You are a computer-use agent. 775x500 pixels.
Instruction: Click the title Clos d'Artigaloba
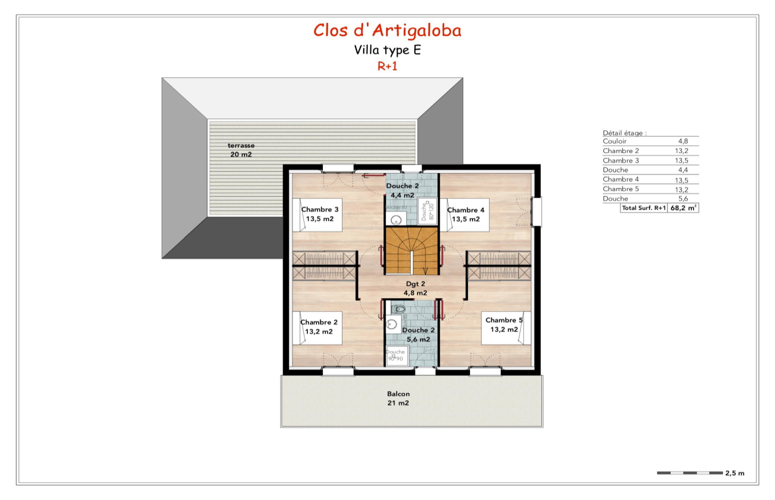coord(387,30)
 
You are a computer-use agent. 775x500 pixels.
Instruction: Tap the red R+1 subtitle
coord(387,66)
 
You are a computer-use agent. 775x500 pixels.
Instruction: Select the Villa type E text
coord(387,50)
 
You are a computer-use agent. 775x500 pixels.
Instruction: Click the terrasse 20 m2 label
coord(241,150)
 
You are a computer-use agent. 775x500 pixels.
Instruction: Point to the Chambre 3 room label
coord(319,214)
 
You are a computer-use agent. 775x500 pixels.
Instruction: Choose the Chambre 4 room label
coord(465,214)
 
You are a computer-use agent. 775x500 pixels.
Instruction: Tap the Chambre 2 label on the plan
coord(318,327)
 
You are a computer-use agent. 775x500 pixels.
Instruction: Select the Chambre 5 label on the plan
coord(503,325)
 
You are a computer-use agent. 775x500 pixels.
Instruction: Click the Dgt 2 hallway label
coord(415,288)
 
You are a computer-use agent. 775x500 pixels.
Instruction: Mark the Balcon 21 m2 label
coord(398,398)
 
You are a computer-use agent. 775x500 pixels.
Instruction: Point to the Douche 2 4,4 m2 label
coord(402,190)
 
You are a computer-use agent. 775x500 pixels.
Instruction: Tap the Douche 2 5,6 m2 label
coord(418,334)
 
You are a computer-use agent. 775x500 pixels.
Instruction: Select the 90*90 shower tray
coord(396,356)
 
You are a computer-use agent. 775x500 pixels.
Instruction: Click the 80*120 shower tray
coord(427,211)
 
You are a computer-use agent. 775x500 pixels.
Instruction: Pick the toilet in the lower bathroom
coord(398,308)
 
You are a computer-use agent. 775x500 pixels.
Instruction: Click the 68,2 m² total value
coord(683,208)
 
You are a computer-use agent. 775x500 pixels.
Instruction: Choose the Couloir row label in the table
coord(614,141)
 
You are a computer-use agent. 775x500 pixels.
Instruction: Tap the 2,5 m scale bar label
coord(734,473)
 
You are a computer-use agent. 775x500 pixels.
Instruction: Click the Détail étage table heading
coord(624,133)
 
